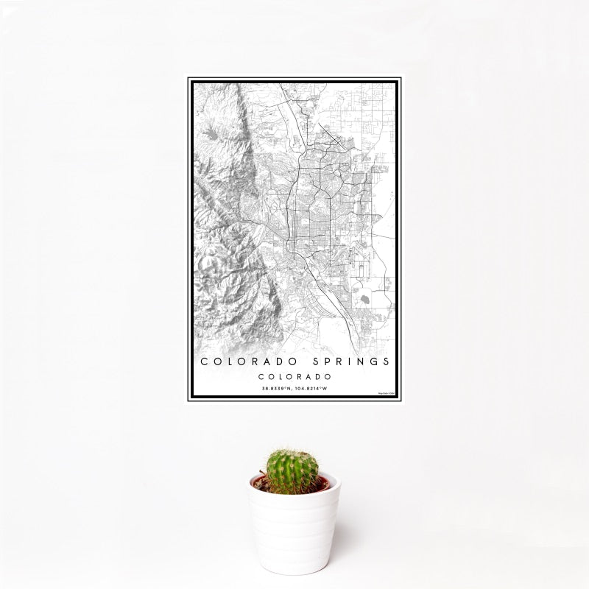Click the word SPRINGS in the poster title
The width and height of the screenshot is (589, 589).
pos(347,362)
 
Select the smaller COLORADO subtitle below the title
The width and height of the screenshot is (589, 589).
pos(294,375)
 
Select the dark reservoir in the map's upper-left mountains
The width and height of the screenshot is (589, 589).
pos(211,134)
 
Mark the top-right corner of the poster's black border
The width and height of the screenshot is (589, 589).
pos(401,78)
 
